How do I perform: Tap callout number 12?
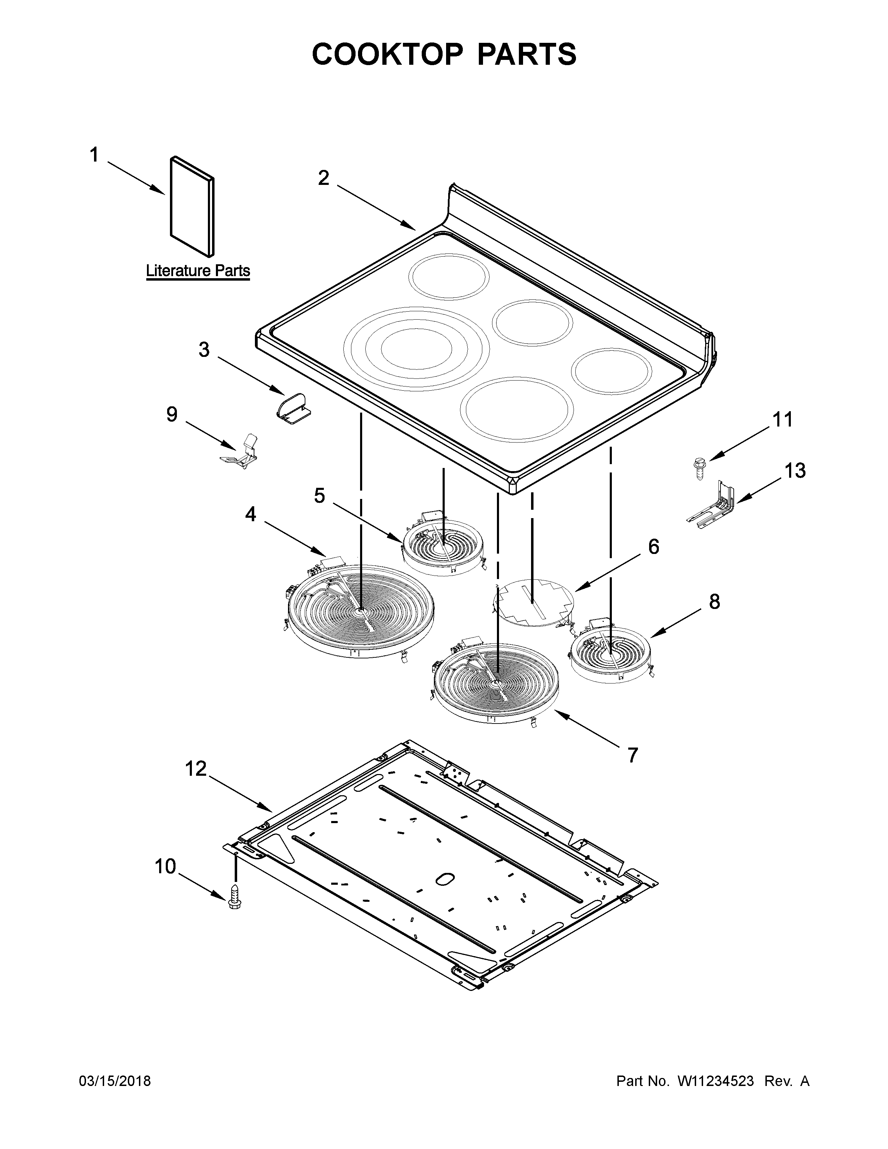(196, 769)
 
